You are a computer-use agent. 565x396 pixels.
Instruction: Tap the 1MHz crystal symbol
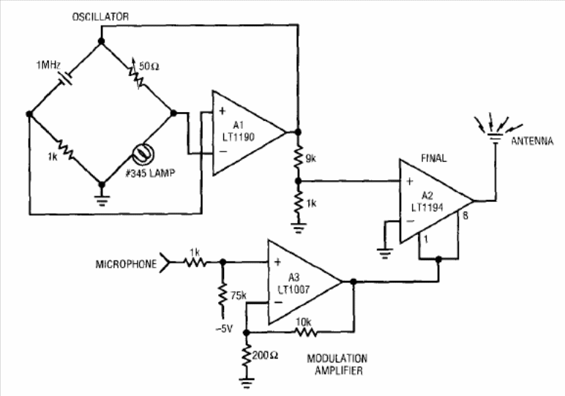tap(65, 77)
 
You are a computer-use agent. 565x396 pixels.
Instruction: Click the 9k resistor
tap(298, 157)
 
